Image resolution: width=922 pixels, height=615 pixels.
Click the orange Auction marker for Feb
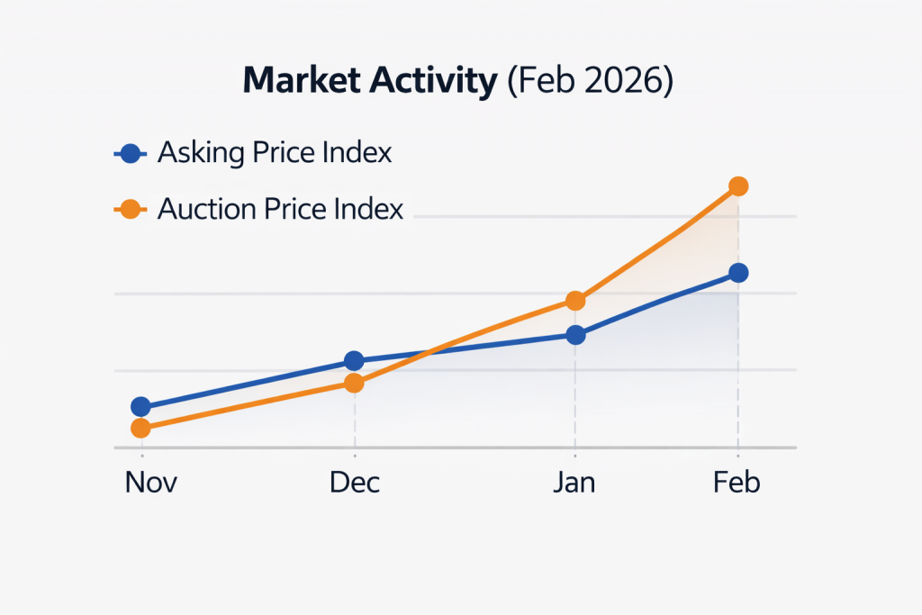[738, 186]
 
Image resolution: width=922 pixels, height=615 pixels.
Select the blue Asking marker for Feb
[738, 273]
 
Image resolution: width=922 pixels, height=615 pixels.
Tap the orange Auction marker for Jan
[576, 301]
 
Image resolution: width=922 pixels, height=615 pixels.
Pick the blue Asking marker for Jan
[576, 336]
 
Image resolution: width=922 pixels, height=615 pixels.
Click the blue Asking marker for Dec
[355, 361]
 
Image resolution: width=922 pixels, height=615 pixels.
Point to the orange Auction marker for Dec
[355, 384]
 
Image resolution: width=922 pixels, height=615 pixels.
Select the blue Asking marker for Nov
[140, 407]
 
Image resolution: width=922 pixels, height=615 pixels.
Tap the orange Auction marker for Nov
[140, 429]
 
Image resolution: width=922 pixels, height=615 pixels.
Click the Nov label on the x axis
[150, 483]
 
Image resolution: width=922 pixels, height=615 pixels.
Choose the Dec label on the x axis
[355, 483]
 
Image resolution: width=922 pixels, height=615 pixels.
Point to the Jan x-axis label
[574, 483]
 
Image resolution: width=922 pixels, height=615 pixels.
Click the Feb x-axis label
[737, 483]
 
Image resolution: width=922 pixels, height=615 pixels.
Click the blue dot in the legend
[131, 154]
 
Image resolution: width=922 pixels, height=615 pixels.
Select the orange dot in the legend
[131, 210]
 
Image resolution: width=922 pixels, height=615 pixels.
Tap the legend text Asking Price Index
[275, 153]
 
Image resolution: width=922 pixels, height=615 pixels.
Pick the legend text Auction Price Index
[280, 209]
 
